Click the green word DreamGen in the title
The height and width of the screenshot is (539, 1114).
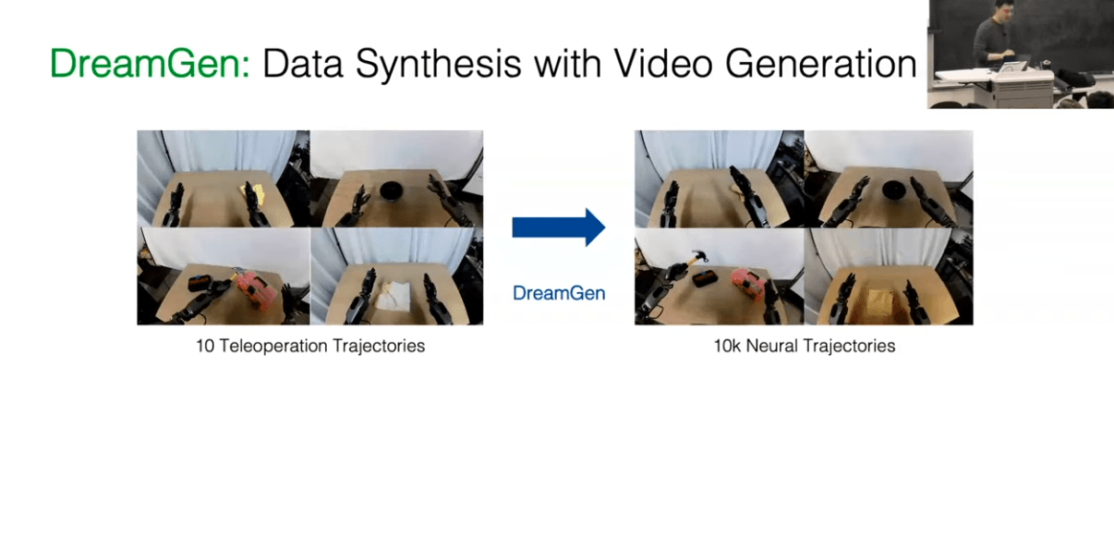click(150, 63)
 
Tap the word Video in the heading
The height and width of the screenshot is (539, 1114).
click(663, 63)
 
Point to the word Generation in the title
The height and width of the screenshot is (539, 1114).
click(821, 63)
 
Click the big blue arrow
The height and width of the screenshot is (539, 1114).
click(559, 227)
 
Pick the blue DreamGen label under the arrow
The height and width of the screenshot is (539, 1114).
click(559, 293)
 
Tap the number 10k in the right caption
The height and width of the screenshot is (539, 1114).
click(728, 346)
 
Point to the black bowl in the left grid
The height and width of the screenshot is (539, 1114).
click(391, 191)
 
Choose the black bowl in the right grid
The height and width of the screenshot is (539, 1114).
click(893, 190)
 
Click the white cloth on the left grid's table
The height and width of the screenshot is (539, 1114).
click(393, 297)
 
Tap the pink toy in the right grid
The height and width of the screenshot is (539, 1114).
click(747, 284)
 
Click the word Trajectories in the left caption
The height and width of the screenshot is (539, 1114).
click(379, 346)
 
